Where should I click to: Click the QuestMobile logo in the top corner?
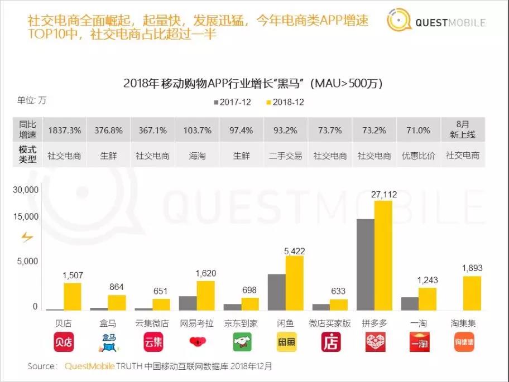(436, 23)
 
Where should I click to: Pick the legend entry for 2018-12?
(285, 103)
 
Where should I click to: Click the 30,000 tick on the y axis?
(26, 190)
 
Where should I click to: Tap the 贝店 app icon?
(64, 341)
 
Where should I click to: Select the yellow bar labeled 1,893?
(472, 293)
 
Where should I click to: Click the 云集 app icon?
(152, 341)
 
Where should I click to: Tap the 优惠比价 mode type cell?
(419, 156)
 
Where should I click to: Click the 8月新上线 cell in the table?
(463, 130)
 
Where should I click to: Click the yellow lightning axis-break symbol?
(27, 238)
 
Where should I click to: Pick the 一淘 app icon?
(420, 341)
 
